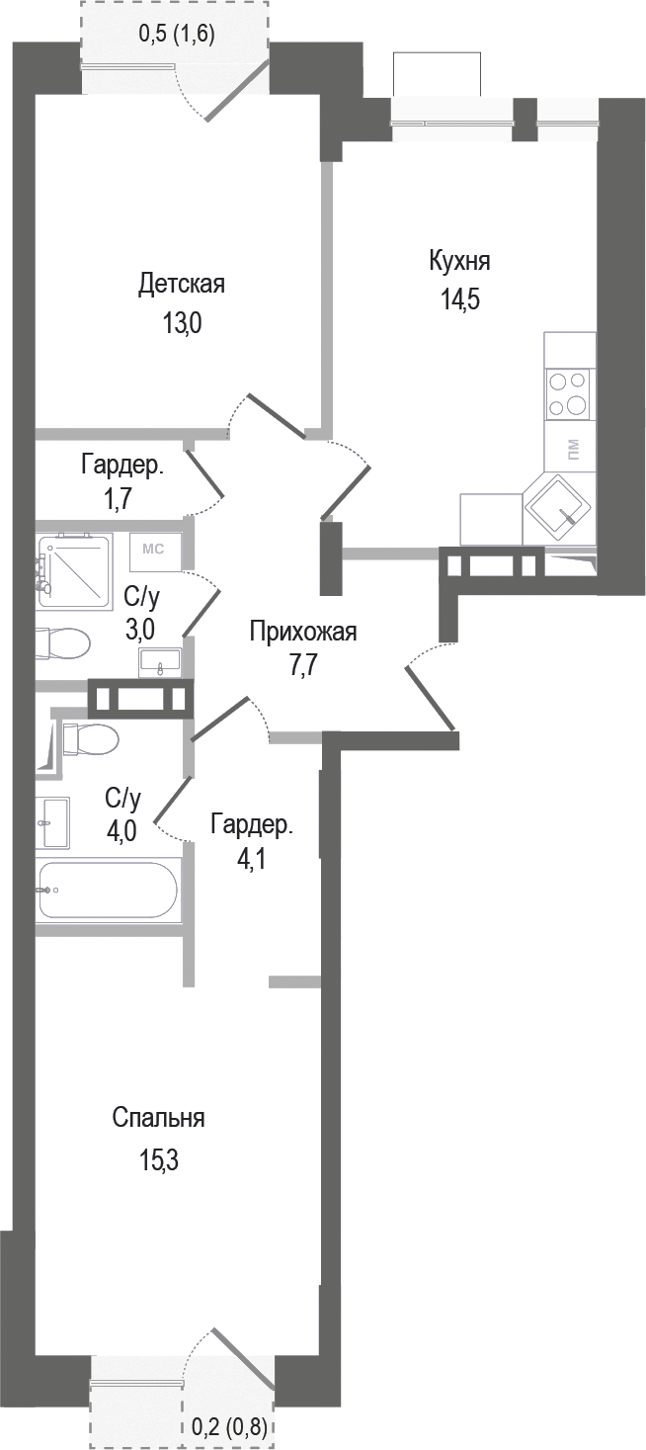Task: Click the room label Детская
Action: coord(181,285)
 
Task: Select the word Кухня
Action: coord(459,262)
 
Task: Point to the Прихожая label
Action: coord(302,632)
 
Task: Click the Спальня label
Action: coord(158,1118)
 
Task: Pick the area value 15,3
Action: coord(158,1159)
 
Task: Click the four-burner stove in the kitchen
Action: coord(569,393)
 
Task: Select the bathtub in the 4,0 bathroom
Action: coord(107,890)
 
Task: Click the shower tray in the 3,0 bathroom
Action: coord(75,571)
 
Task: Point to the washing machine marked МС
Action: coord(154,552)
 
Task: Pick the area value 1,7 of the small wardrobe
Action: coord(121,499)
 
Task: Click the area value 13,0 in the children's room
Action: coord(181,324)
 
